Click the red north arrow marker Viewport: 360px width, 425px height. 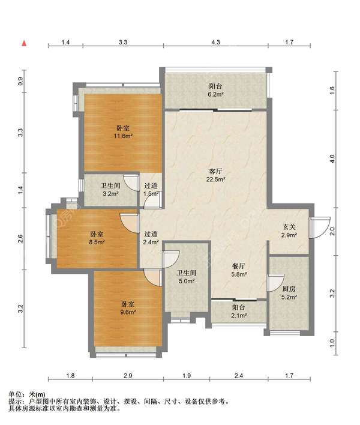pos(24,43)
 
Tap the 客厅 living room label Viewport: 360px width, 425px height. pos(216,171)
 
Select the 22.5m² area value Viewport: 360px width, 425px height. pos(216,179)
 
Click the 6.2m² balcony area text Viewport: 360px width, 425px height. pos(216,94)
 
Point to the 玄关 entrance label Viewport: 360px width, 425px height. pos(289,226)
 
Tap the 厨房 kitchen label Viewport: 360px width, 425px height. pos(289,289)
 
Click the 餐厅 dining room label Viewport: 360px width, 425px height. pos(239,266)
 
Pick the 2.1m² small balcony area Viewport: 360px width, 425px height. pos(239,316)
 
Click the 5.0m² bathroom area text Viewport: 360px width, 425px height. pos(187,282)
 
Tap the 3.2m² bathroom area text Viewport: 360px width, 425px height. pos(110,194)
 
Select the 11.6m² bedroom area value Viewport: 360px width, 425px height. pos(123,136)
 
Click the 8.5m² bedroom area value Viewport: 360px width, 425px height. pos(97,242)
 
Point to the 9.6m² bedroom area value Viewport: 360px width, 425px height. pos(128,312)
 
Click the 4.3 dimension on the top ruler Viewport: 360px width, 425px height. pos(215,42)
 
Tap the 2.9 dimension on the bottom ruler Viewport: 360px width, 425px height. pos(128,376)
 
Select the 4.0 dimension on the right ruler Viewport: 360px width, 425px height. pos(332,158)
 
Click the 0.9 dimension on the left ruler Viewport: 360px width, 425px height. pos(21,81)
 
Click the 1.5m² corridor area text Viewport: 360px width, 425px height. pos(151,194)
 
